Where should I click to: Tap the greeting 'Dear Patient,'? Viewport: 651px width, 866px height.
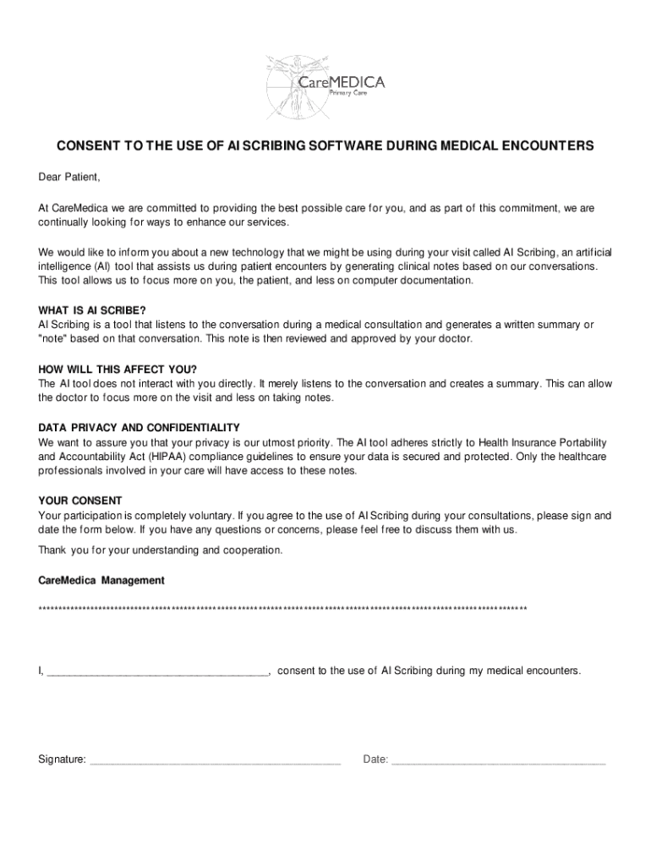(69, 177)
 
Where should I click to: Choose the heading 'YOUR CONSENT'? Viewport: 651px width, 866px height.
(80, 501)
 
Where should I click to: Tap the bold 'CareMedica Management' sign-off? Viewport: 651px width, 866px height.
(101, 581)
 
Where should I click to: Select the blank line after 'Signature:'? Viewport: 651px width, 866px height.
(215, 760)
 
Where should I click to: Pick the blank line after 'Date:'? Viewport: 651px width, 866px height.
(499, 760)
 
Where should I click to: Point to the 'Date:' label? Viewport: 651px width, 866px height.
(375, 759)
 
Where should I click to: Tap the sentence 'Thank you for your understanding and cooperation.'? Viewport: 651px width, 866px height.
(161, 551)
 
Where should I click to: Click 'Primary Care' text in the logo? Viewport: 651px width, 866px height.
(347, 93)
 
